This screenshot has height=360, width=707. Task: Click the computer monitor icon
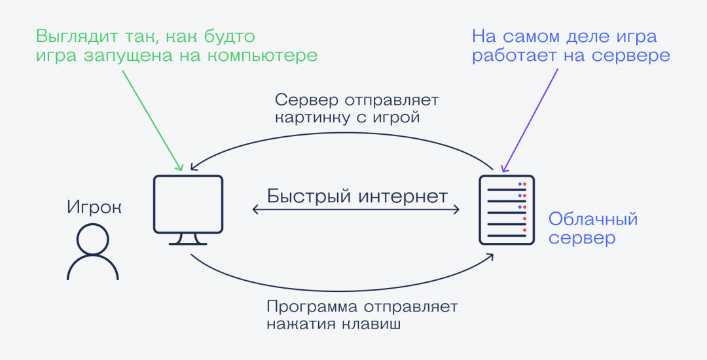coord(188,204)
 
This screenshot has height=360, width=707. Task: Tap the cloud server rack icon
coord(507,209)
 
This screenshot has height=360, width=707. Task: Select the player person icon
coord(93,253)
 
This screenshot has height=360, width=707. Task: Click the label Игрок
coord(94,207)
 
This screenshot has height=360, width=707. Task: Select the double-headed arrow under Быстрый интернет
coord(356,210)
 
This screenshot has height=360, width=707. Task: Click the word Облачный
coord(593,219)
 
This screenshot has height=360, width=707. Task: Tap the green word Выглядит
coord(74,35)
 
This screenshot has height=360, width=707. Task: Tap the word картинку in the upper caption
coord(311,118)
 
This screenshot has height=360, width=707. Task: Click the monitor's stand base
coord(188,242)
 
